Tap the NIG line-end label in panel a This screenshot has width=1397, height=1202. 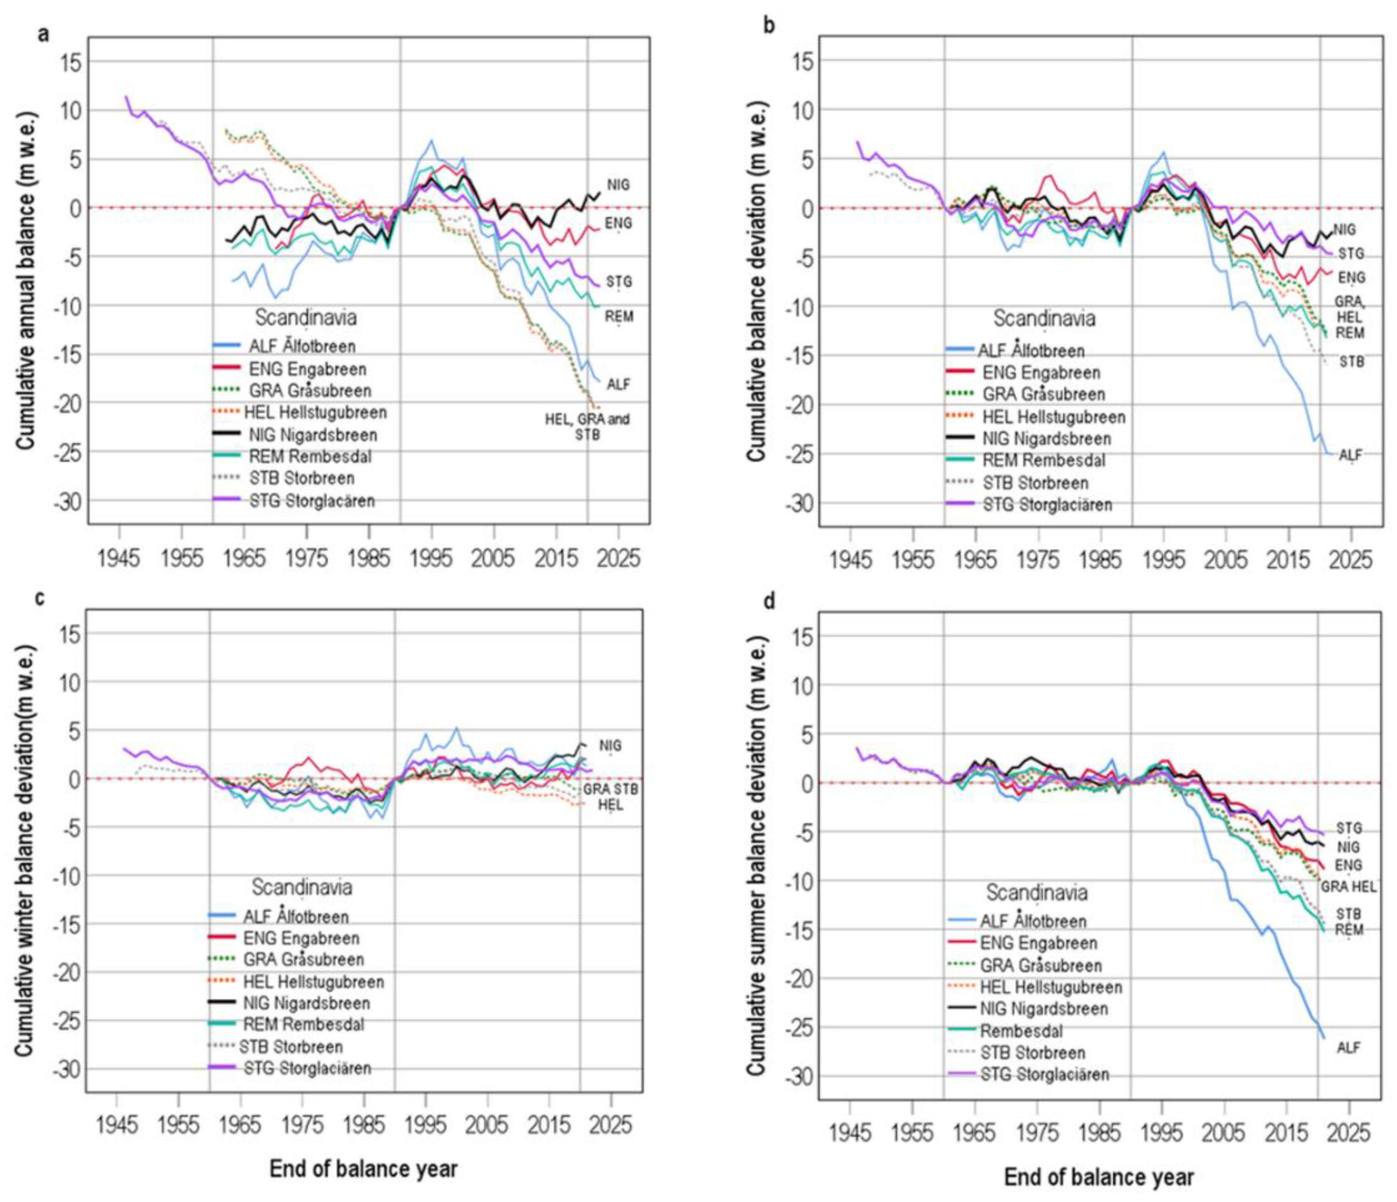coord(618,184)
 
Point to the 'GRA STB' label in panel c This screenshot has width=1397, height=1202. coord(610,789)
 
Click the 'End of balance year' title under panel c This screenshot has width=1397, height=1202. coord(363,1169)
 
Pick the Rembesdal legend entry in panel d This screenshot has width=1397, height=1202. coord(1021,1031)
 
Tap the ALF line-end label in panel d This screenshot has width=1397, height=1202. coord(1348,1047)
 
